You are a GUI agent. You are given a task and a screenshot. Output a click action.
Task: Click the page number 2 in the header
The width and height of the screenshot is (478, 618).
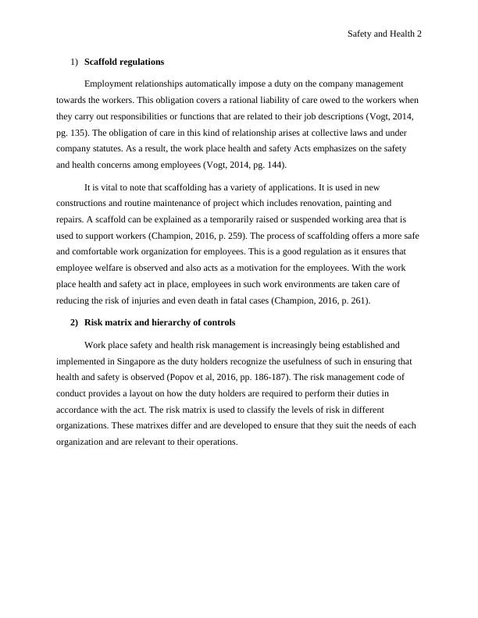coord(419,34)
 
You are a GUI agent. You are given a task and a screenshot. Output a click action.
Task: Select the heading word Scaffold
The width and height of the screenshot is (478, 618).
coord(105,61)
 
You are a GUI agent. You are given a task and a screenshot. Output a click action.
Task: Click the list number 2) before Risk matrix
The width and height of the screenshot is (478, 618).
coord(74,322)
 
